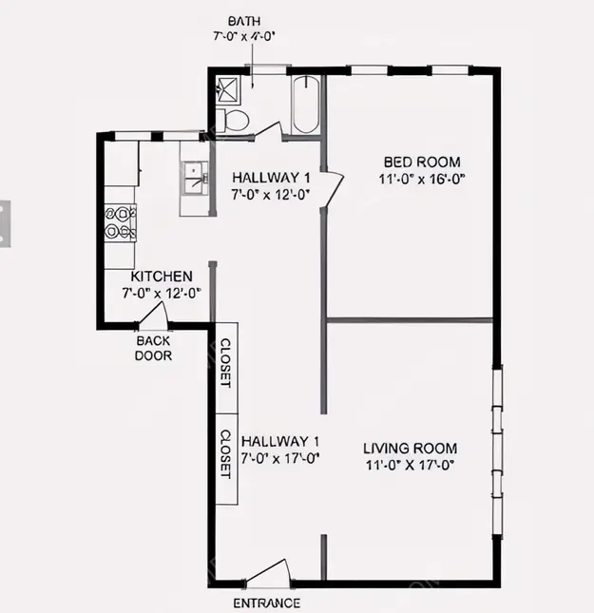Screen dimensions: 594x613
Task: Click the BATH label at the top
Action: coord(244,21)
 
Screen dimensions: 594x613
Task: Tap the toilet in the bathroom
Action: coord(232,121)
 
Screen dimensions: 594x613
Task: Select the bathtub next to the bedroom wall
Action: coord(305,105)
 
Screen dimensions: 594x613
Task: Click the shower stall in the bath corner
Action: coord(228,89)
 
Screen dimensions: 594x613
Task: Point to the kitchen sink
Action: coord(196,179)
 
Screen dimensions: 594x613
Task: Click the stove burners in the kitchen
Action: coord(121,222)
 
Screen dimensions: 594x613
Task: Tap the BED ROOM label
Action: coord(422,162)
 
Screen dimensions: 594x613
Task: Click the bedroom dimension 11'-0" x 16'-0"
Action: coord(422,180)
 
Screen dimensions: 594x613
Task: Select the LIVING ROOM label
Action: coord(411,448)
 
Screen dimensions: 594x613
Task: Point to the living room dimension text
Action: coord(410,466)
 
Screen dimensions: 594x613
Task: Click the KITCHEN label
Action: coord(162,277)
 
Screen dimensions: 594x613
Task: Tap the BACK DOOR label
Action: coord(153,349)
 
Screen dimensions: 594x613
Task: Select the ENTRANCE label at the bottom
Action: coord(267,603)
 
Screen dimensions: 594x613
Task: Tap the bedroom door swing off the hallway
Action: coord(334,188)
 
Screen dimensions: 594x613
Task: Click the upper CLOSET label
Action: coord(226,363)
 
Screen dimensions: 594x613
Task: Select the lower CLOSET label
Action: coord(225,454)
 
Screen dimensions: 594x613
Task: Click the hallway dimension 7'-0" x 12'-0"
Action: coord(271,195)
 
